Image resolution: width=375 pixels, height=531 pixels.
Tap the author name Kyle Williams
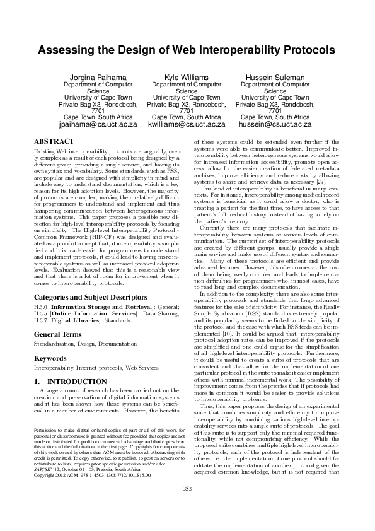click(187, 78)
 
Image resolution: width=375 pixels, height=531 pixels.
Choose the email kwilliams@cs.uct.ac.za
click(187, 125)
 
